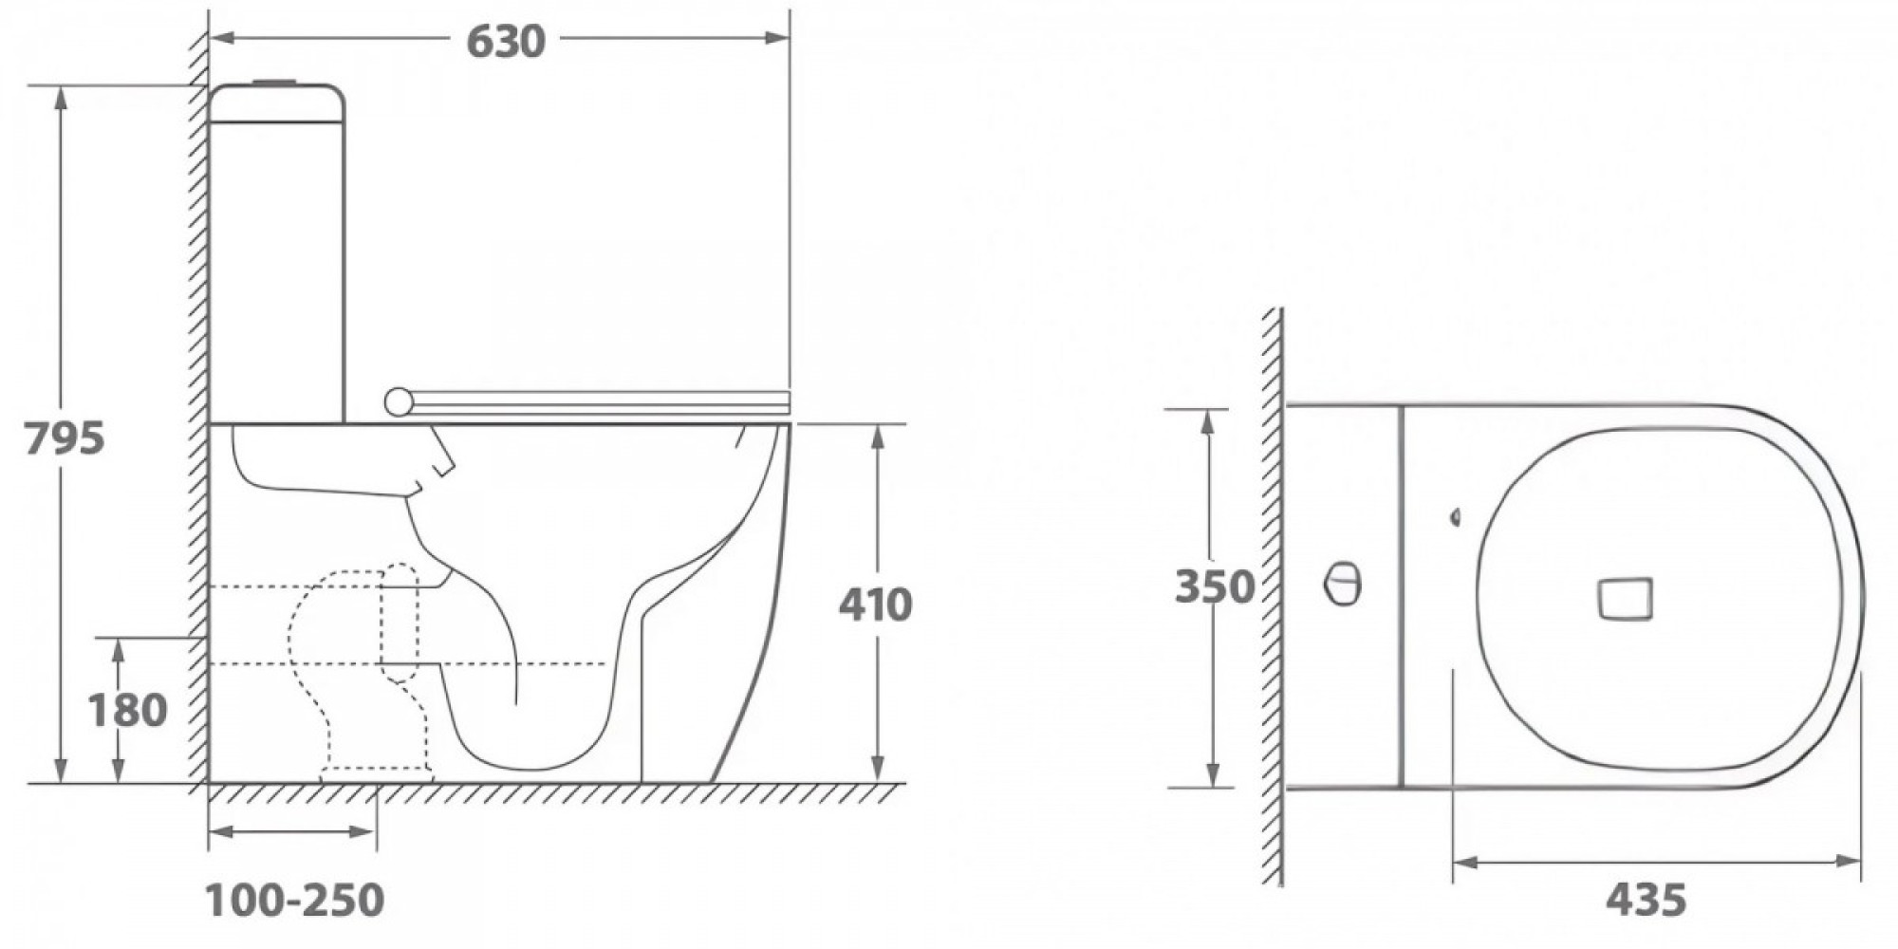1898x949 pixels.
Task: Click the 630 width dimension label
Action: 506,41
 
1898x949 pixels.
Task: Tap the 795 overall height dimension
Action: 64,438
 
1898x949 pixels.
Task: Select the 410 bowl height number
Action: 875,605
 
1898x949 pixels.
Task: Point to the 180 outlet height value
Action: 127,710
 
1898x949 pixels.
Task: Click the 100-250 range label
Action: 295,900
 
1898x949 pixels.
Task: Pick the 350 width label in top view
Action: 1215,586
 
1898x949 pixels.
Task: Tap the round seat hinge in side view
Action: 400,402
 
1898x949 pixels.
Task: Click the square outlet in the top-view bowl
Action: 1625,599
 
